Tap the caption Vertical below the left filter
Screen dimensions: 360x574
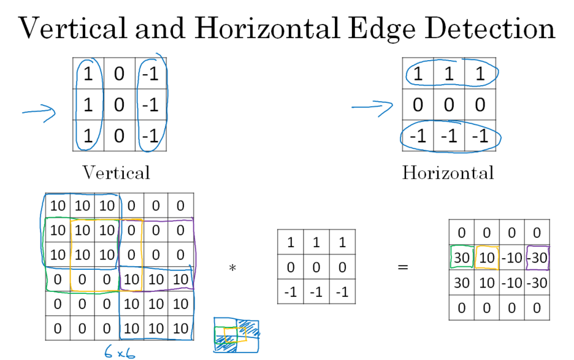pos(116,172)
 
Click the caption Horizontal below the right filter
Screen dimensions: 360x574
pos(448,172)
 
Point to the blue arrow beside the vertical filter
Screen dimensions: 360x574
pos(39,112)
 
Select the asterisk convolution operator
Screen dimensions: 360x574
pos(232,268)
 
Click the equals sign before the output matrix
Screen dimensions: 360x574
pos(402,268)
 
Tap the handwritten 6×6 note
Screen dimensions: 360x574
pos(118,350)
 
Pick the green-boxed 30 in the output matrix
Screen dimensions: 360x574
pos(462,257)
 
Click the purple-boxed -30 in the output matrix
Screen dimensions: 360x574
pos(537,257)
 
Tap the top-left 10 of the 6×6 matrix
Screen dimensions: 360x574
pos(58,204)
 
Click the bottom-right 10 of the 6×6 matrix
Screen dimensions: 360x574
pos(181,329)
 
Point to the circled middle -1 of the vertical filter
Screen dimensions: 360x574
pos(151,105)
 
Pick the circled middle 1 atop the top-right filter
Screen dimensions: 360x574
pos(449,74)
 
